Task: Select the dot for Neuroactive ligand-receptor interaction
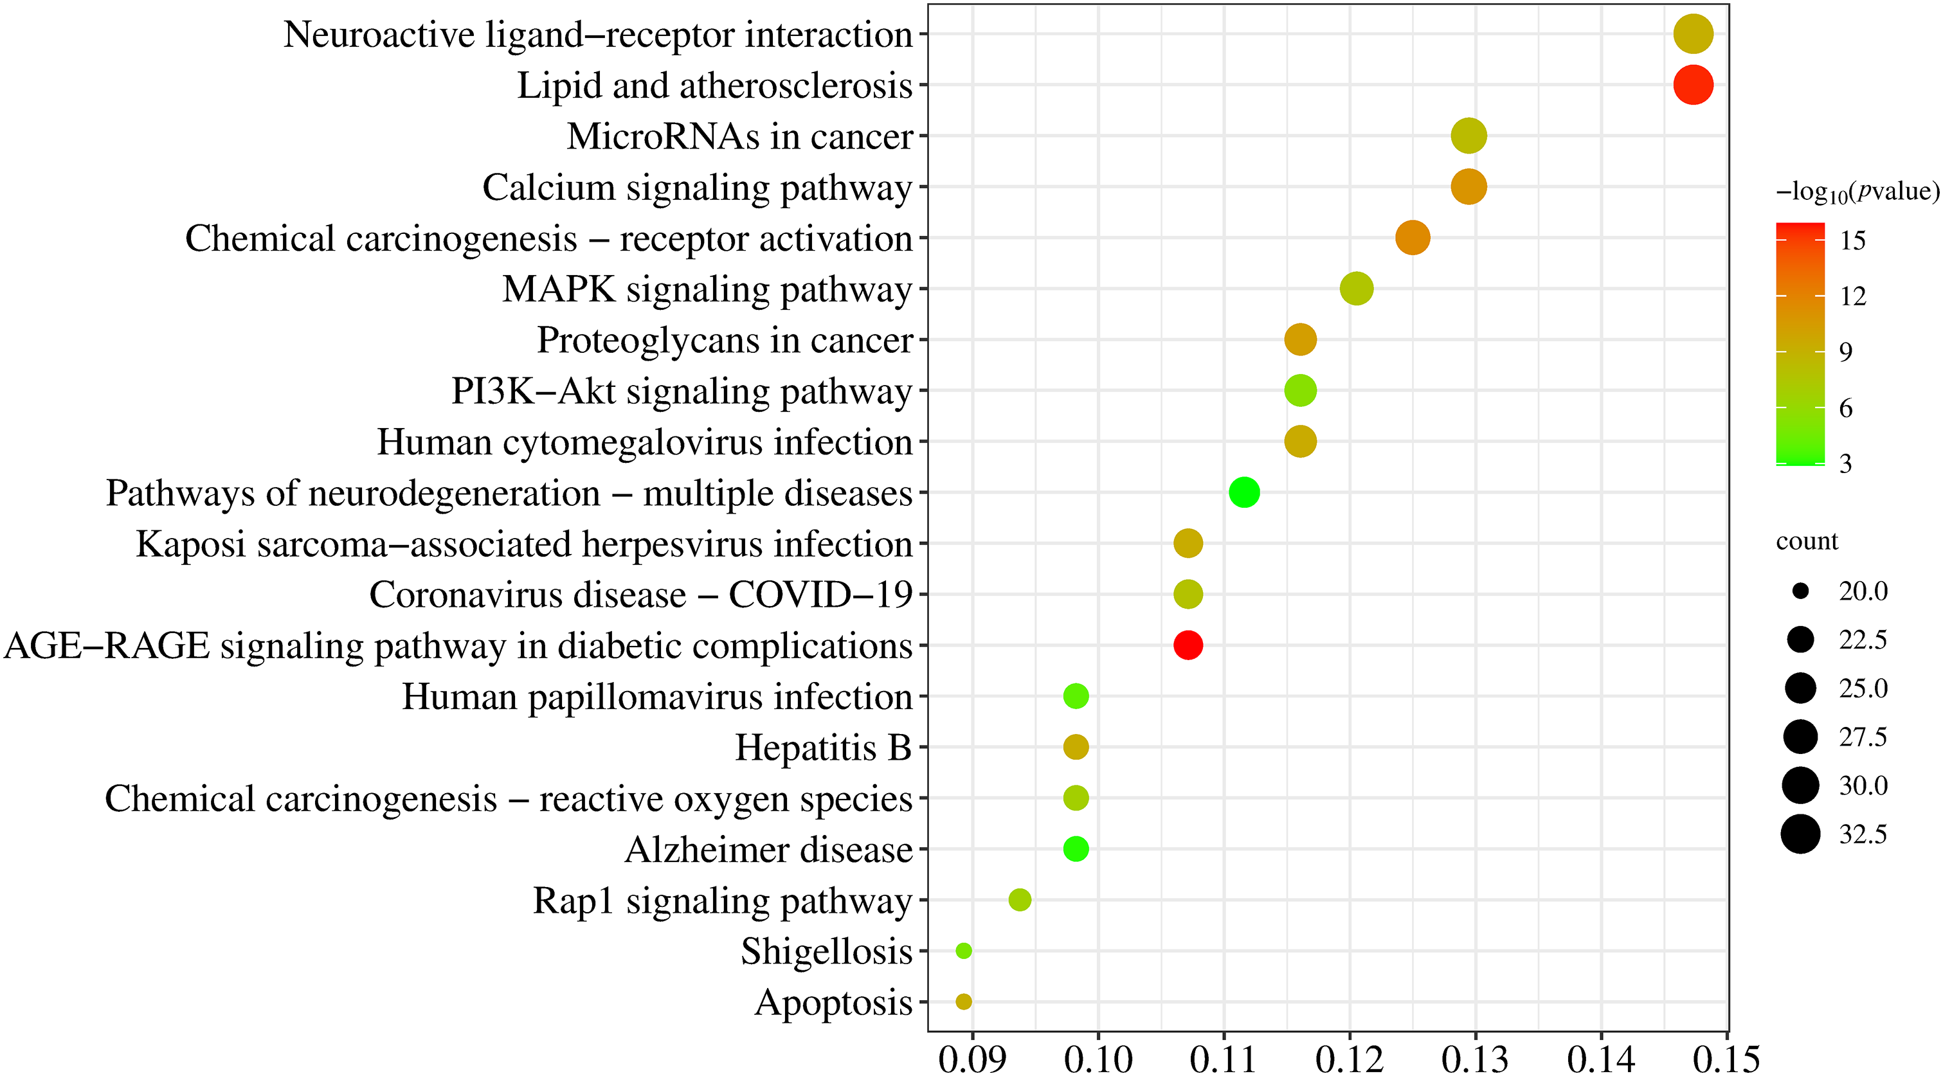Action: [1693, 34]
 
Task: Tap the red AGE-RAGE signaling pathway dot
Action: [1188, 645]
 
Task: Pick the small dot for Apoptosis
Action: [963, 1001]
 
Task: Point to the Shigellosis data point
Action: [963, 951]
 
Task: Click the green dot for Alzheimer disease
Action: [1076, 849]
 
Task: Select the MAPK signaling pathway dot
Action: [1356, 289]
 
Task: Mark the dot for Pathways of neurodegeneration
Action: [1244, 492]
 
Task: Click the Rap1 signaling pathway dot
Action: [1020, 899]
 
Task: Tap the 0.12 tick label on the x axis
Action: [1350, 1059]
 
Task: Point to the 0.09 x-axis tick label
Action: [972, 1059]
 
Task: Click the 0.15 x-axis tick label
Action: [1726, 1059]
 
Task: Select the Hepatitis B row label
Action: [823, 748]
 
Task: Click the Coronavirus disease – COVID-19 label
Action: [640, 595]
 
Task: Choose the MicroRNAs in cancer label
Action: [739, 136]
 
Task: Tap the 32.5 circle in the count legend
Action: [1800, 834]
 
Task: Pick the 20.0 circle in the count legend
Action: [1800, 591]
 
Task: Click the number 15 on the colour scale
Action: [1852, 240]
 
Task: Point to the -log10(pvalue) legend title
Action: [1857, 192]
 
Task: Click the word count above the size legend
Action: [1807, 541]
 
